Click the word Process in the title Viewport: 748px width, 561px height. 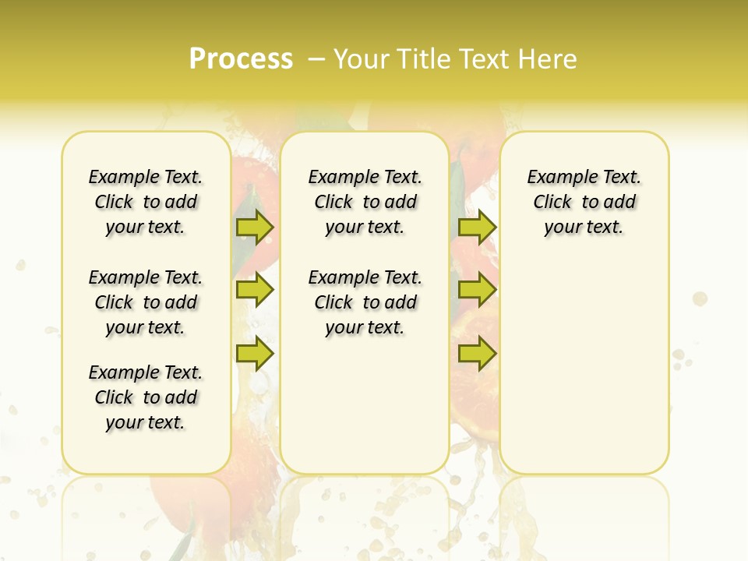click(x=241, y=59)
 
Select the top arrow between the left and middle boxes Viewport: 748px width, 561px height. click(x=255, y=228)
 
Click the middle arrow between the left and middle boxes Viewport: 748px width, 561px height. click(x=255, y=290)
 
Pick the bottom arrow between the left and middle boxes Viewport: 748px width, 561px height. click(x=255, y=353)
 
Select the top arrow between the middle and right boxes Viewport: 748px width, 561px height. click(x=477, y=228)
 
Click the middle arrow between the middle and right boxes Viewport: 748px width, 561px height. click(x=477, y=290)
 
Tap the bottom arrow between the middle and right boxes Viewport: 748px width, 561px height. click(x=477, y=353)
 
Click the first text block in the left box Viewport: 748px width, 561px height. click(x=146, y=202)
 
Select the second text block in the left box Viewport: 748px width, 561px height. click(x=146, y=302)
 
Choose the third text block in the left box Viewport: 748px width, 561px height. click(x=146, y=397)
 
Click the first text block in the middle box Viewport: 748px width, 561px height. click(x=365, y=202)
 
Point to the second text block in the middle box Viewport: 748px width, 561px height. click(x=365, y=302)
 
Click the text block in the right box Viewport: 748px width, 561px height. click(x=584, y=202)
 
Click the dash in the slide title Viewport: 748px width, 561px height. click(x=316, y=59)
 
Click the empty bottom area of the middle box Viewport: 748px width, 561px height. click(x=365, y=413)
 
